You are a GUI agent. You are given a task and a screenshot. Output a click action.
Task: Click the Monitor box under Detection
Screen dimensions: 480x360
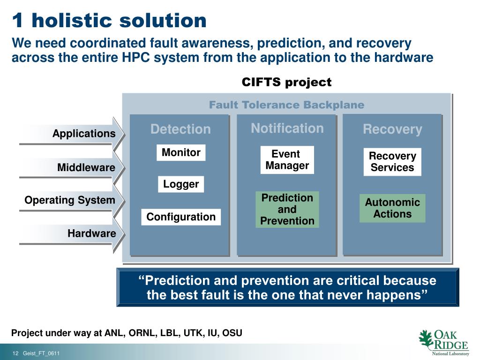tap(181, 152)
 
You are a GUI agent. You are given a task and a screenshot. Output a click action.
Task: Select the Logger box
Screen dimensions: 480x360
tap(181, 184)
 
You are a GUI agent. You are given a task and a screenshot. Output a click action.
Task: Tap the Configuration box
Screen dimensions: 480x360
tap(181, 217)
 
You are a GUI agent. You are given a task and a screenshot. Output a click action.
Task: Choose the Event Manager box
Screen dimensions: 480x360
tap(287, 160)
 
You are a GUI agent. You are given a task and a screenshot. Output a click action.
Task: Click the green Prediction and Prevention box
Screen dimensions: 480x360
tap(287, 210)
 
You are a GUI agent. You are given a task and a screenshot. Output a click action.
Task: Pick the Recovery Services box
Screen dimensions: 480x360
tap(392, 162)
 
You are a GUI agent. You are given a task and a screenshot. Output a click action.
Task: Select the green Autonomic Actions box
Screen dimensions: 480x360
tap(392, 208)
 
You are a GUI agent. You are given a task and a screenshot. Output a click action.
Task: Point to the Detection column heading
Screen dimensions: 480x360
tap(180, 129)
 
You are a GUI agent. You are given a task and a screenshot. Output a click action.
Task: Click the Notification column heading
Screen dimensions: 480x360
tap(287, 128)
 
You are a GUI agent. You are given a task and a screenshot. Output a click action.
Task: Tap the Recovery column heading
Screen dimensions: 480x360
tap(392, 129)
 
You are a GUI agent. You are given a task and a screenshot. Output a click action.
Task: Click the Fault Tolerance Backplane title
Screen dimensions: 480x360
tap(287, 105)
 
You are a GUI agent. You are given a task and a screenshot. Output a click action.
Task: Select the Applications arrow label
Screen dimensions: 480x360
tap(84, 134)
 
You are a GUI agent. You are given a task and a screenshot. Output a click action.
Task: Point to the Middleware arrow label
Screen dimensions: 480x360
tap(86, 167)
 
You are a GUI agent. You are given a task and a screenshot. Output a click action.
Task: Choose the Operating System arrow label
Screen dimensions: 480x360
tap(70, 200)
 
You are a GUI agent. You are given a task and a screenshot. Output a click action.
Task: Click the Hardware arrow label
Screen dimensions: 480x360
tap(92, 233)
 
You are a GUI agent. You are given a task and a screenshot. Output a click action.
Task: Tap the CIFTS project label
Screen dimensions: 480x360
tap(286, 82)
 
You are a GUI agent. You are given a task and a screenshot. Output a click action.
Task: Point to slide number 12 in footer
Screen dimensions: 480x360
tap(15, 353)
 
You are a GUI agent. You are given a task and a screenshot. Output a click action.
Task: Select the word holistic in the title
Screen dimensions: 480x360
tap(72, 21)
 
